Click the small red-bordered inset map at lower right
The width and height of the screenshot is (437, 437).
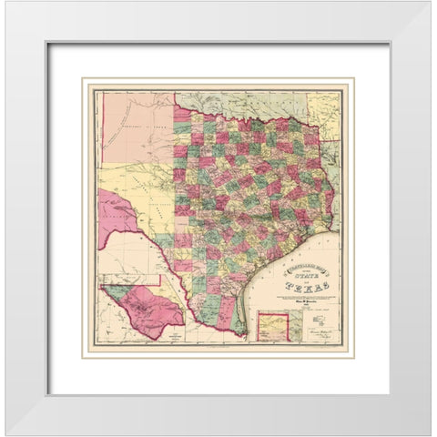(273, 326)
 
